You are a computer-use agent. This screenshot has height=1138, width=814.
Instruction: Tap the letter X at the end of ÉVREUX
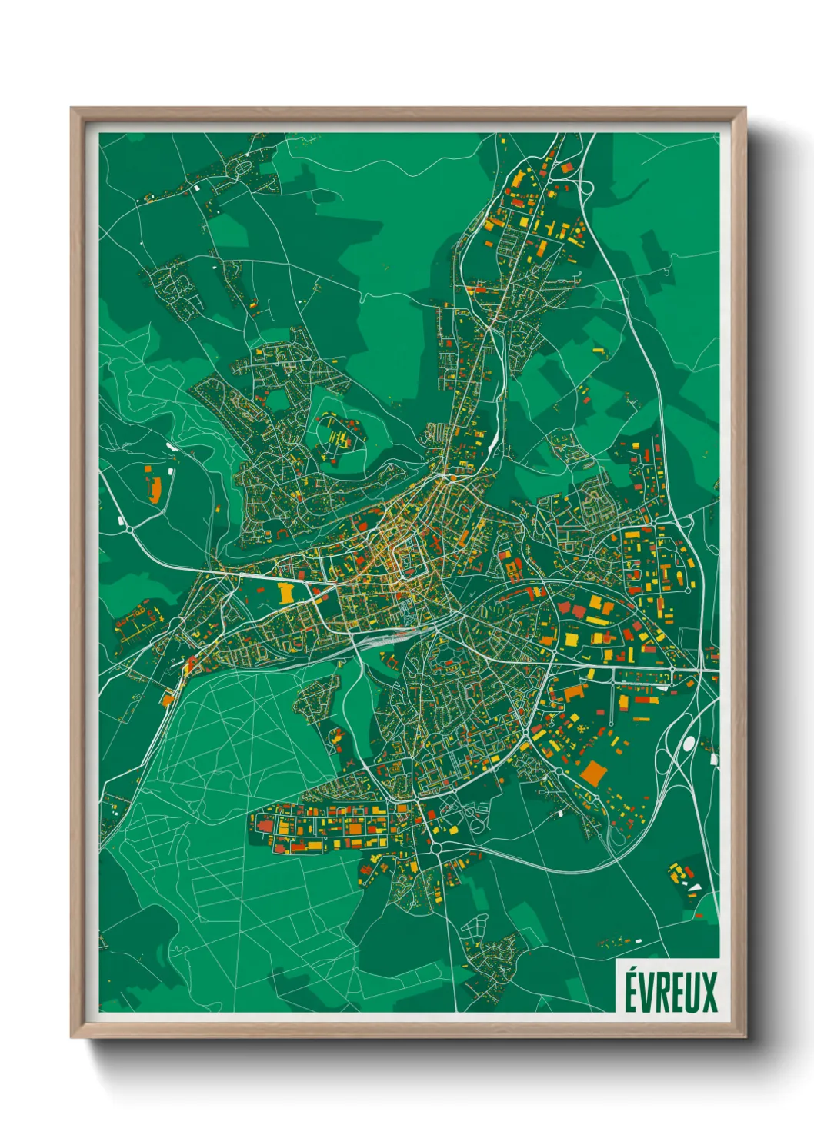coord(709,992)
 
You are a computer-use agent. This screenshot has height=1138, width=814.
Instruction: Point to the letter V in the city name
coord(645,992)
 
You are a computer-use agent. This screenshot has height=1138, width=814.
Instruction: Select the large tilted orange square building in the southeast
coord(593,773)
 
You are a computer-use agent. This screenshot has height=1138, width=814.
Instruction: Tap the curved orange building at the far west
coord(153,490)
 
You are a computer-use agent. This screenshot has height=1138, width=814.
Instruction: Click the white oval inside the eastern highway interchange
coord(689,743)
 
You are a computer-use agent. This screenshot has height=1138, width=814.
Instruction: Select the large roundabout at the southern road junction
coord(436,847)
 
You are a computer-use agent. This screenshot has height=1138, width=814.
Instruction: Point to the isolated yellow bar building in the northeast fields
coord(599,350)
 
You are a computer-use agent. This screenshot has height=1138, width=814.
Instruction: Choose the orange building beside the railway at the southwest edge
coord(168,700)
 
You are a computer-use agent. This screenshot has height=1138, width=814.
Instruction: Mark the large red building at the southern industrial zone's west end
coord(265,825)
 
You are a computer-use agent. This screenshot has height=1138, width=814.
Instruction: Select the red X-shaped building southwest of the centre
coord(352,761)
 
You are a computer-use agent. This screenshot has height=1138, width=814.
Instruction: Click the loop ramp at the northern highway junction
coord(585,188)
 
